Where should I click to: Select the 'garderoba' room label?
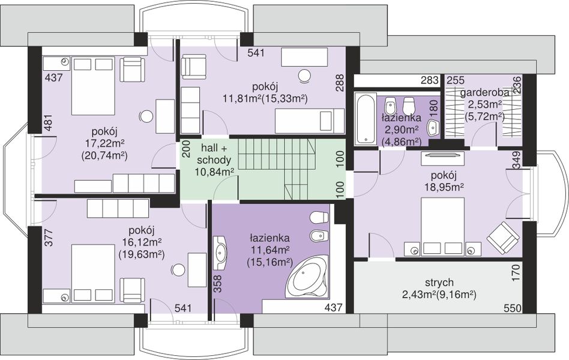[484, 93]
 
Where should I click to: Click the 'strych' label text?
[439, 282]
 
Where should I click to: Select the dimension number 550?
[513, 308]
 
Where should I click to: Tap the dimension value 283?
[430, 80]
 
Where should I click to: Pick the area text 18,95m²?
[445, 187]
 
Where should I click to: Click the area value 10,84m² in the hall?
[214, 172]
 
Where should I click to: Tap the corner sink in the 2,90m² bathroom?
[433, 128]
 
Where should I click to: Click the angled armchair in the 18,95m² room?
[503, 236]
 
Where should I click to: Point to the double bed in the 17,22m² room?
[89, 86]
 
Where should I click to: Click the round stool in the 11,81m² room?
[304, 76]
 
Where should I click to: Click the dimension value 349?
[517, 160]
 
